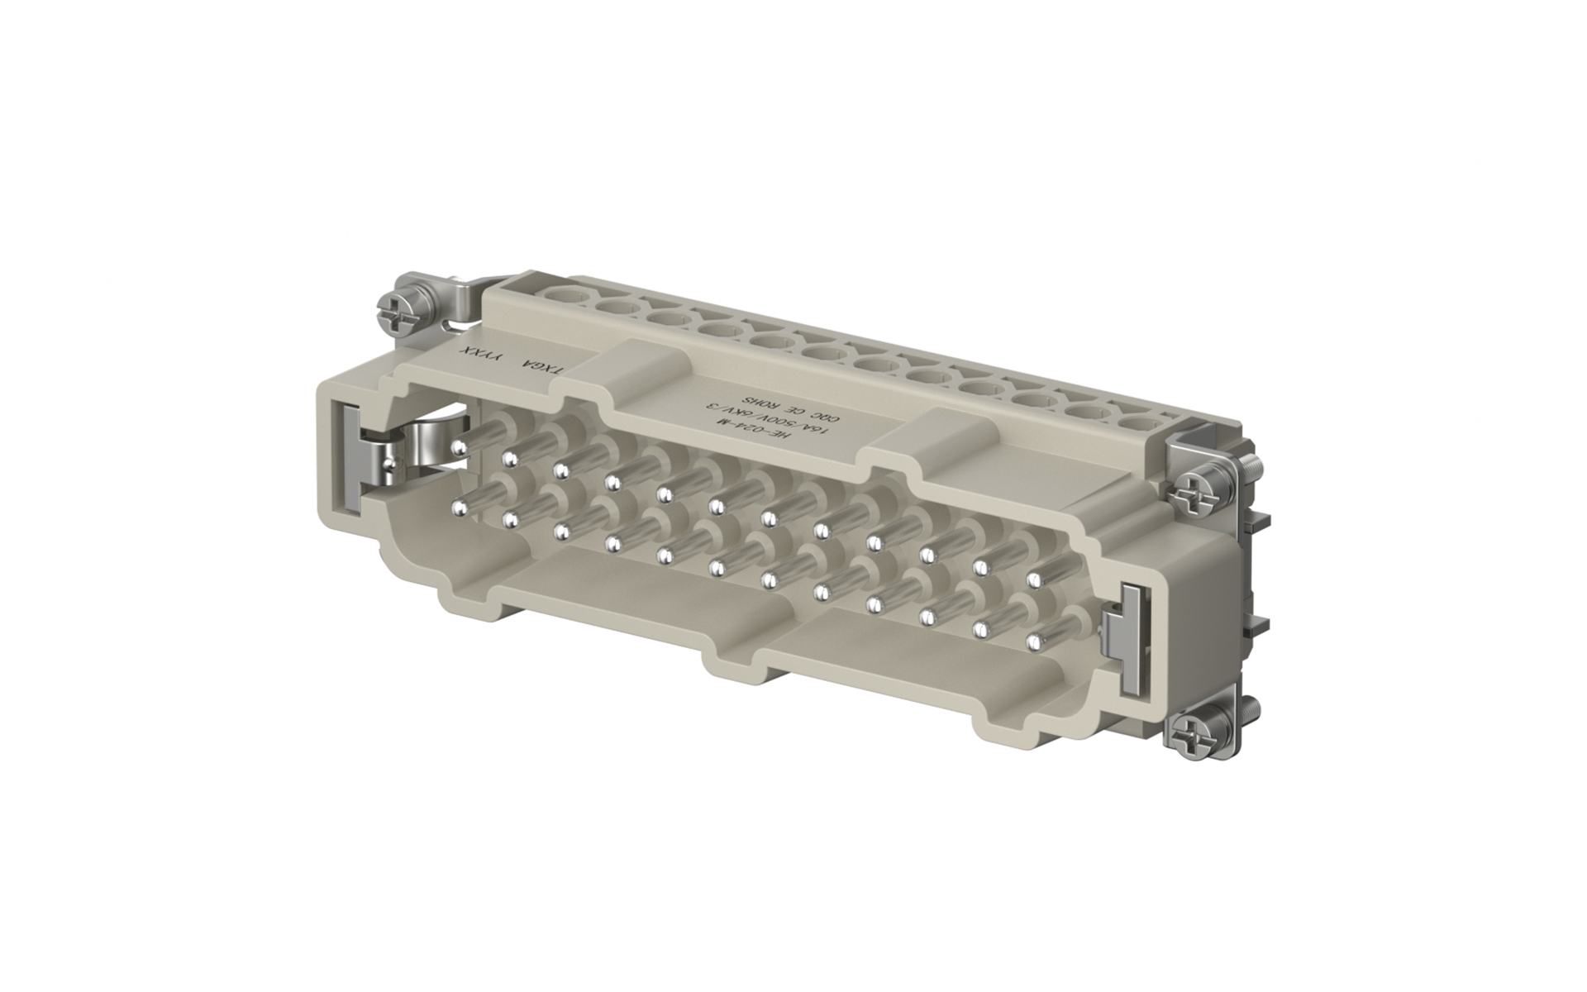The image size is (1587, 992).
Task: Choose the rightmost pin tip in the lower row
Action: (x=1033, y=641)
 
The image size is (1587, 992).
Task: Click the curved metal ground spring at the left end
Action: (x=430, y=446)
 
